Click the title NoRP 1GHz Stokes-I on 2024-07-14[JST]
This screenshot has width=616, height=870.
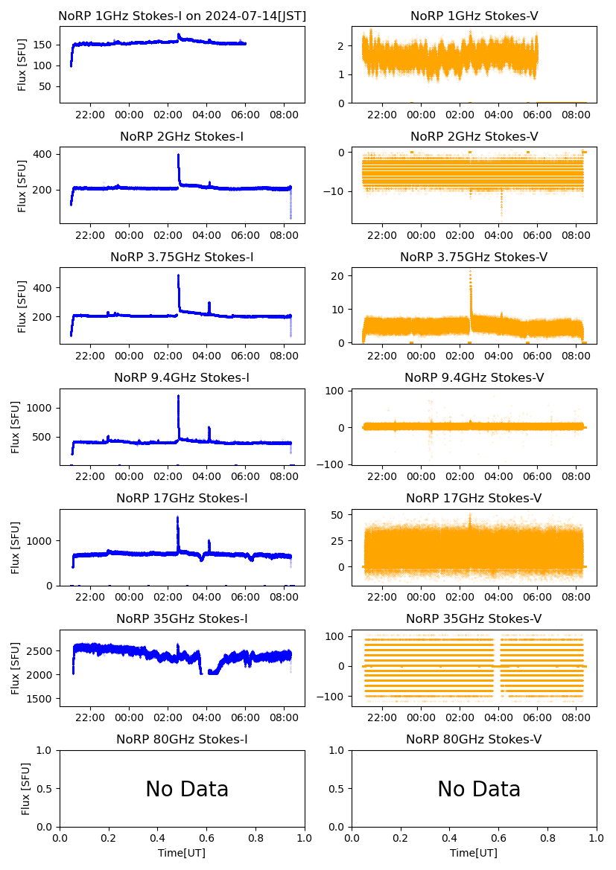182,16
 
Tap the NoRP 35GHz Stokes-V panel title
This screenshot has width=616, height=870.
474,618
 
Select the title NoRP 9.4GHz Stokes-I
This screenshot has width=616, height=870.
182,377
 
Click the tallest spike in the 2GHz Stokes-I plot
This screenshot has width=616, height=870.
179,156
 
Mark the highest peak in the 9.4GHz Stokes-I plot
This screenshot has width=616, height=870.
179,396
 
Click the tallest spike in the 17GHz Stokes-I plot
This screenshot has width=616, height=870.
177,518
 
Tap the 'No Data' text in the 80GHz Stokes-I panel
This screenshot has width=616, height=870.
187,789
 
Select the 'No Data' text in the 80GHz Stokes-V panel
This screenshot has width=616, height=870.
479,789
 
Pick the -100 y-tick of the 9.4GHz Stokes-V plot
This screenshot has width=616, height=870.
334,464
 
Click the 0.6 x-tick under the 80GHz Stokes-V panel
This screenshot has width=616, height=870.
499,838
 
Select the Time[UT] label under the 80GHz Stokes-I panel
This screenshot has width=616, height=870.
182,853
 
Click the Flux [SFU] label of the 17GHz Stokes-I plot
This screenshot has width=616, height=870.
15,547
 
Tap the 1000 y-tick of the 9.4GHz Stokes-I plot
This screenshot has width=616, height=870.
40,408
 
